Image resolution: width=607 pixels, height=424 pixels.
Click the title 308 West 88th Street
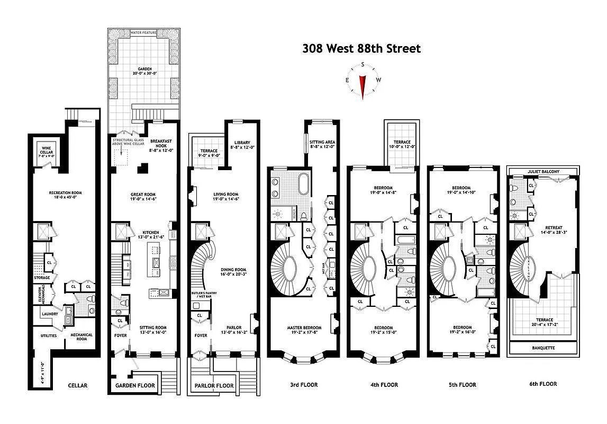click(361, 49)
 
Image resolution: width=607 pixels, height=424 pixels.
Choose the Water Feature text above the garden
click(144, 33)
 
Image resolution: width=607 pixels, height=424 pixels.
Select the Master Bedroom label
click(303, 330)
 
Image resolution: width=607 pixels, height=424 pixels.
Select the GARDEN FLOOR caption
click(135, 385)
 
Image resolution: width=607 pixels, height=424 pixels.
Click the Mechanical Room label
click(79, 338)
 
